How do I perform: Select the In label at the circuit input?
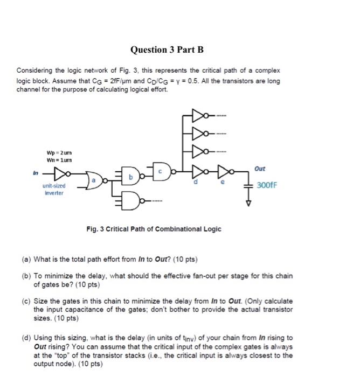tap(37, 173)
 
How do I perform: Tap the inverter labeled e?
tap(222, 173)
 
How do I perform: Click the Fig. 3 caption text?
tap(154, 229)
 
